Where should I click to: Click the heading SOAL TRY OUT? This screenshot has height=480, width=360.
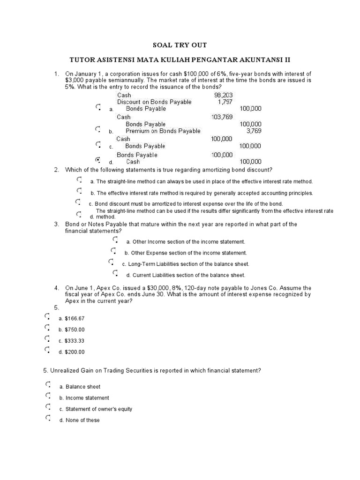(180, 45)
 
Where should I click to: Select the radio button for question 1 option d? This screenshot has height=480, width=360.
(97, 160)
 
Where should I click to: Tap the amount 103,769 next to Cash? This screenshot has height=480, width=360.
(223, 117)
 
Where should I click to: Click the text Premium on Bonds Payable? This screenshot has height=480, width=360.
(163, 131)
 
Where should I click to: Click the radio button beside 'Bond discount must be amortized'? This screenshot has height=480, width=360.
(77, 202)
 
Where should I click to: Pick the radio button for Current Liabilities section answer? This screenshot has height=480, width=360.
(115, 273)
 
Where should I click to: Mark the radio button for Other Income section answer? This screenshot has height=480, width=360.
(115, 239)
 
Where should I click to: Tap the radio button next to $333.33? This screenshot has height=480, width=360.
(47, 338)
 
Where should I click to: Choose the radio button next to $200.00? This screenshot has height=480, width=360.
(47, 350)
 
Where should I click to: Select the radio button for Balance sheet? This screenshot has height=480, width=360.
(48, 384)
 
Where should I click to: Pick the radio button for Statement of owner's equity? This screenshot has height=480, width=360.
(48, 407)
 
